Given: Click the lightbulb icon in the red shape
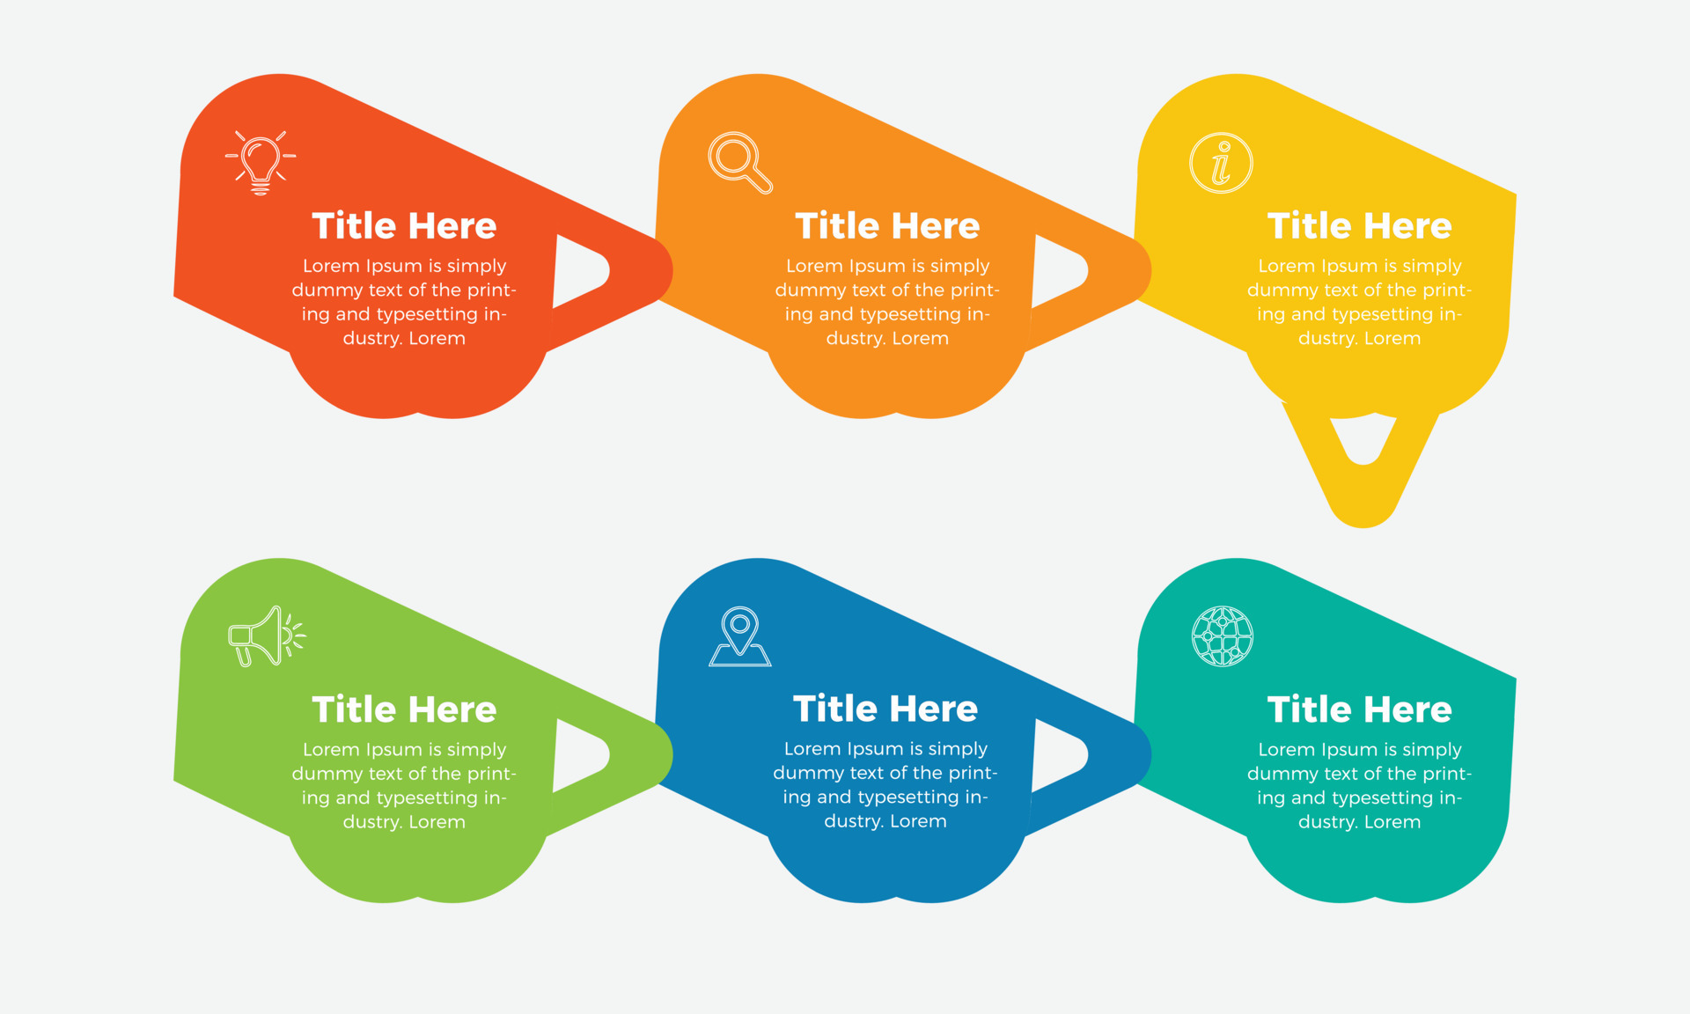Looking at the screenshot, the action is point(261,163).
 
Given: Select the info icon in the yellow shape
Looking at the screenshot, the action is point(1221,163).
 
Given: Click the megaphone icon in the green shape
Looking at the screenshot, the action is point(267,636).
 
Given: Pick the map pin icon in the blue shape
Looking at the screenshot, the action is point(740,636).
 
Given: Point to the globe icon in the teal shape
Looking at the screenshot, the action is point(1222,636).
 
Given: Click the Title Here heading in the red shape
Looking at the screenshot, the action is point(404,226).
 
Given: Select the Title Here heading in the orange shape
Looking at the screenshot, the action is point(887,226).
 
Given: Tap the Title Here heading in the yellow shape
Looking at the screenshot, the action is point(1359,226).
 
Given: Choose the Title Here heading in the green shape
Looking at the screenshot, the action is point(404,709).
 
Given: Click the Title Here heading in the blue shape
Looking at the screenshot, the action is point(885,709).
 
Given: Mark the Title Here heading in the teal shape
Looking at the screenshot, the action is point(1359,709).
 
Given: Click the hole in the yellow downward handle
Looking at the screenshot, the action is point(1363,438).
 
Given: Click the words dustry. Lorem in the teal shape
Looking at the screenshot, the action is point(1359,822).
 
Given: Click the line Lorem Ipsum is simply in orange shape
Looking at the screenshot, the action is point(887,266).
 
